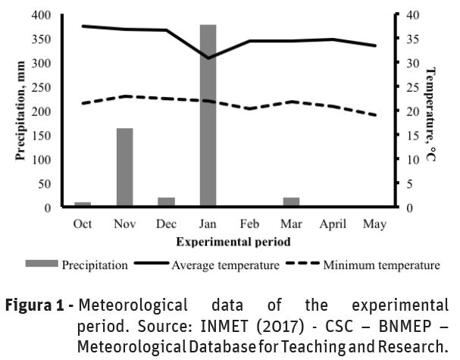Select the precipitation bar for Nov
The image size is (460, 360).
coord(124,167)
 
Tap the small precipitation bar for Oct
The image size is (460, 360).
coord(83,204)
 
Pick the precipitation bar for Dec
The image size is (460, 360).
coord(166,202)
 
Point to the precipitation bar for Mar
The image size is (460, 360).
coord(291,202)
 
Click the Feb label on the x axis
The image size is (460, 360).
coord(249,224)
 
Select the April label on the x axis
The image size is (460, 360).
coord(333,224)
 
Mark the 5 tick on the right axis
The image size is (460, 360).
coord(409,183)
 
